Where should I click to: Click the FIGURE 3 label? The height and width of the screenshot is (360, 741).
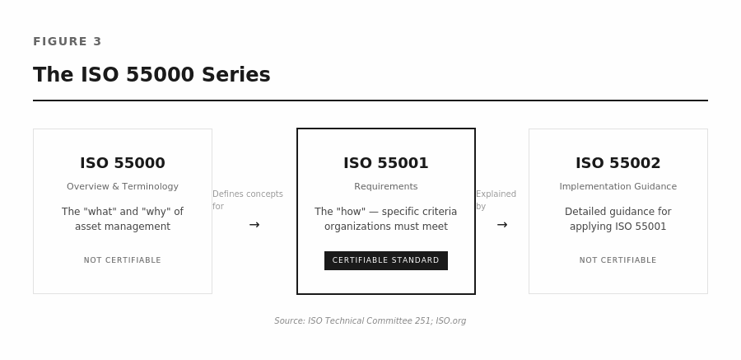(x=68, y=42)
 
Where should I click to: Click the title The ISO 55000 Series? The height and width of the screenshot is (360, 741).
(x=151, y=75)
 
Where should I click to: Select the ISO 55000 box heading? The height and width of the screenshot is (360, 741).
(x=123, y=163)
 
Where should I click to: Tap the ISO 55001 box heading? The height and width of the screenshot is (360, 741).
(x=386, y=163)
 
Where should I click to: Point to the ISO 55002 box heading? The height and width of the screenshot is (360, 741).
(x=618, y=163)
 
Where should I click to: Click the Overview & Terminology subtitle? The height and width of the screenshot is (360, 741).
(x=123, y=187)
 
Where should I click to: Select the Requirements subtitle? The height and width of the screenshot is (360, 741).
(x=386, y=187)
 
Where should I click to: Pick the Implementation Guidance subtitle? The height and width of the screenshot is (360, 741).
(x=618, y=187)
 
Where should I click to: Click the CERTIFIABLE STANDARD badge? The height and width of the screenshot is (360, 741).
(x=386, y=260)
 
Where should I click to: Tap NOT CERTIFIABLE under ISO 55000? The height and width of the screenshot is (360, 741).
(x=123, y=260)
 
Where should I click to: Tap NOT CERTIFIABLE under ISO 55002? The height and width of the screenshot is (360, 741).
(x=618, y=260)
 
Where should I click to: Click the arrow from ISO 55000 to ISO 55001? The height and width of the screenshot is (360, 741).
(x=254, y=225)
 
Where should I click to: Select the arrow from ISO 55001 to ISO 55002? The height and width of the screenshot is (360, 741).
(x=502, y=225)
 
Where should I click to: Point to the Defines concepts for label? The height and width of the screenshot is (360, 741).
(x=247, y=200)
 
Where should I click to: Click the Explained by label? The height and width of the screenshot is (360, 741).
(x=496, y=200)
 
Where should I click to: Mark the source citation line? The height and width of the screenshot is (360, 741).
(x=370, y=321)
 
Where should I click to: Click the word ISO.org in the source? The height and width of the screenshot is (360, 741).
(x=451, y=321)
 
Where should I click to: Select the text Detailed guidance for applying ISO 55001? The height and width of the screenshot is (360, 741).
(x=618, y=219)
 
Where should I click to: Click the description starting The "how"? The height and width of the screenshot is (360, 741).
(x=386, y=219)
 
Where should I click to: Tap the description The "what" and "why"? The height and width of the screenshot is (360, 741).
(x=123, y=219)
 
